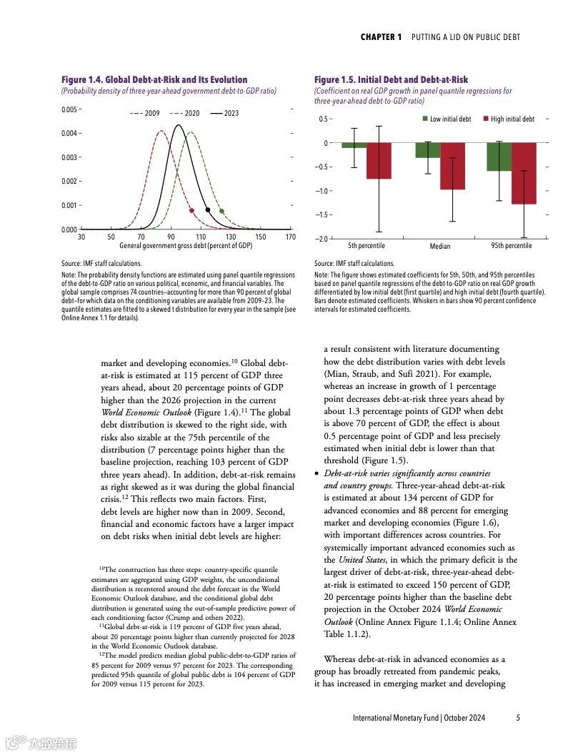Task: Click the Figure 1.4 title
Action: (x=154, y=80)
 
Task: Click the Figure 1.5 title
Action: (x=391, y=80)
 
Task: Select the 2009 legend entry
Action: (x=146, y=114)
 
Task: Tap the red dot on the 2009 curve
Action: (x=191, y=211)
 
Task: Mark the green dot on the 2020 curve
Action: (x=221, y=211)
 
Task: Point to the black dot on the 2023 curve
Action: (x=207, y=210)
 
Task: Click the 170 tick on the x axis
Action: (x=290, y=237)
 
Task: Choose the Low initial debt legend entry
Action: (x=447, y=119)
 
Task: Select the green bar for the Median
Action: (x=428, y=150)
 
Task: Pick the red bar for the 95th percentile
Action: (x=524, y=174)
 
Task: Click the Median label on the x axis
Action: (x=440, y=247)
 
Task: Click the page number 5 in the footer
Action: (x=518, y=718)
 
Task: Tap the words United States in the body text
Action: (x=360, y=560)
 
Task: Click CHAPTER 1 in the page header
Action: (x=381, y=37)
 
